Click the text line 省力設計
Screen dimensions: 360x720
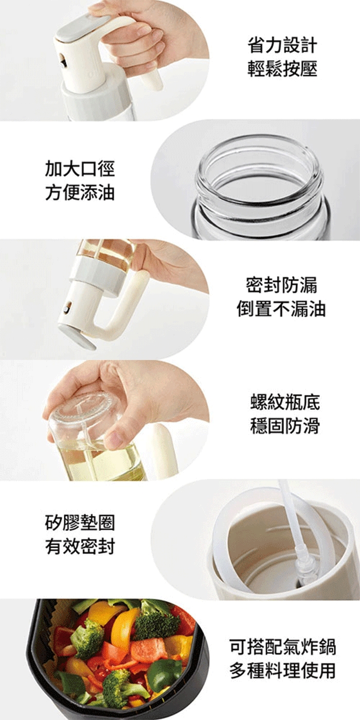coord(282,45)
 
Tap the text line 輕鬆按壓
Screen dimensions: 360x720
coord(282,69)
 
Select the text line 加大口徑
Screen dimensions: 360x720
coord(80,169)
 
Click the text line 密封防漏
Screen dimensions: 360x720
coord(282,285)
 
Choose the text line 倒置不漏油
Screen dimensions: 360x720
coord(282,309)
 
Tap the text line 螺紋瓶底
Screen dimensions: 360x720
coord(285,402)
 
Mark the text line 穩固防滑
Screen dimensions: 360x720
coord(285,426)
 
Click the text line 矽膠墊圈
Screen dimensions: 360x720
coord(80,523)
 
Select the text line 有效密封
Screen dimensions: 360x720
coord(80,546)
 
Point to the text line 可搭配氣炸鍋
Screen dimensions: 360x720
coord(283,646)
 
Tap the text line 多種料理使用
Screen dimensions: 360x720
coord(283,670)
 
